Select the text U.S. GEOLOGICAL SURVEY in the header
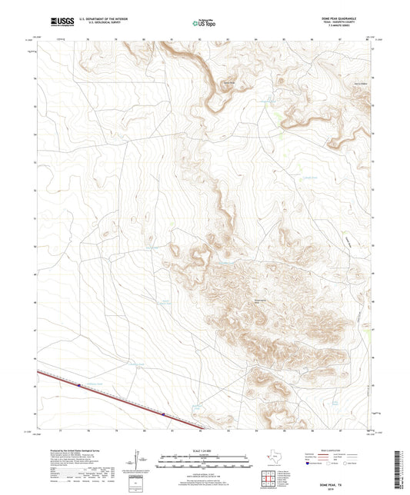[96, 25]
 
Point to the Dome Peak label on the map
[228, 84]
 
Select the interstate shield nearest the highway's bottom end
[163, 416]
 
